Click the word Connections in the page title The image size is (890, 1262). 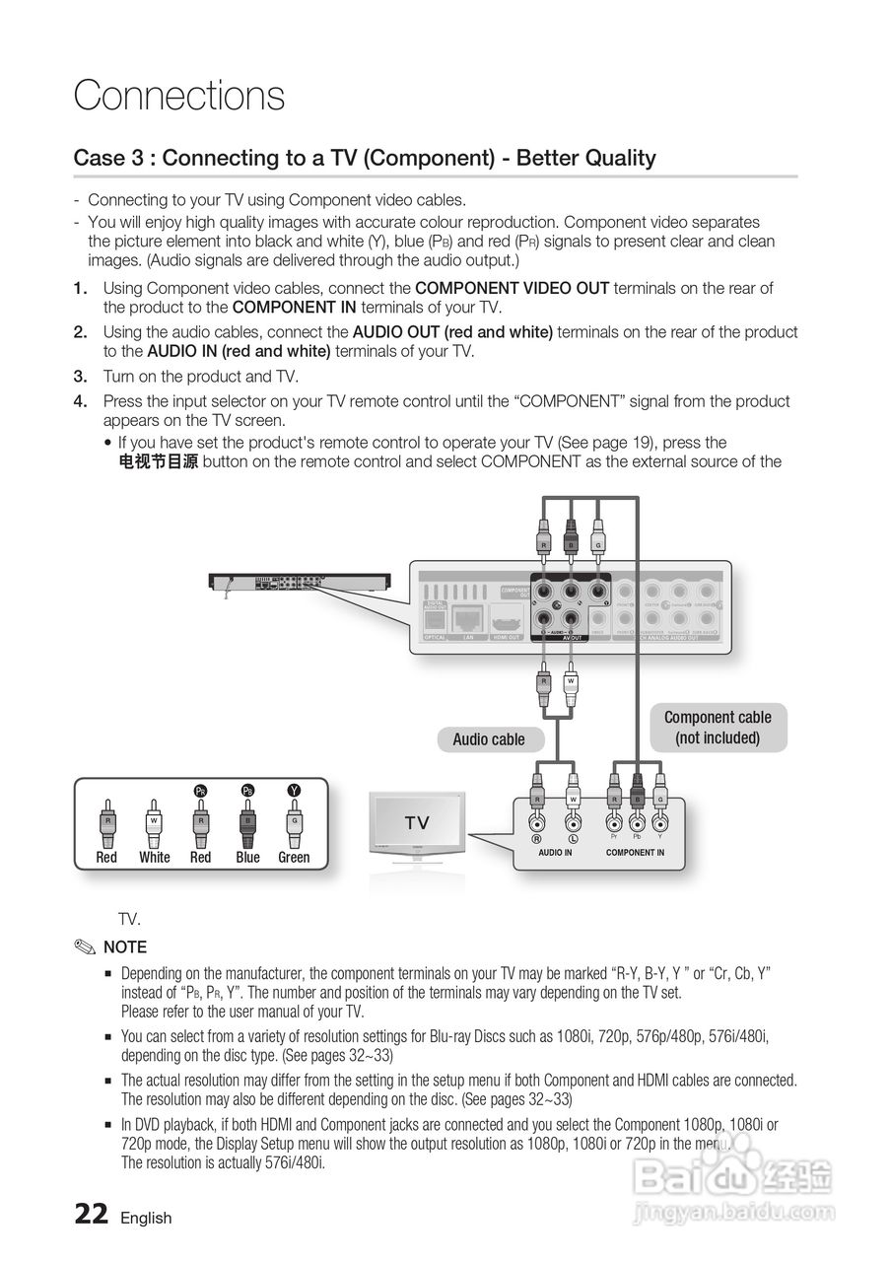[179, 96]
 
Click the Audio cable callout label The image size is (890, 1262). [489, 739]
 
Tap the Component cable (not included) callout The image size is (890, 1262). [718, 728]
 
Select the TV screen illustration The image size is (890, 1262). [417, 823]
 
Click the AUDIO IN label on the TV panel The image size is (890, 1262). [555, 852]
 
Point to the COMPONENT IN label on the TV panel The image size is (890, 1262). [635, 852]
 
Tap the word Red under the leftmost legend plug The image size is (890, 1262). [106, 858]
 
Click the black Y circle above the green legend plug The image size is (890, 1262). [294, 790]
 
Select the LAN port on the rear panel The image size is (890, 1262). [468, 620]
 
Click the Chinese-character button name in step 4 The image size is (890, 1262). [158, 461]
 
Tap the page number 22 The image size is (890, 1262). [92, 1214]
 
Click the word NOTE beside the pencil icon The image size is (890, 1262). [125, 947]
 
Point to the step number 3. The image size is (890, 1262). [81, 377]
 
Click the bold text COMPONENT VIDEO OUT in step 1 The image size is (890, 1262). [513, 288]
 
